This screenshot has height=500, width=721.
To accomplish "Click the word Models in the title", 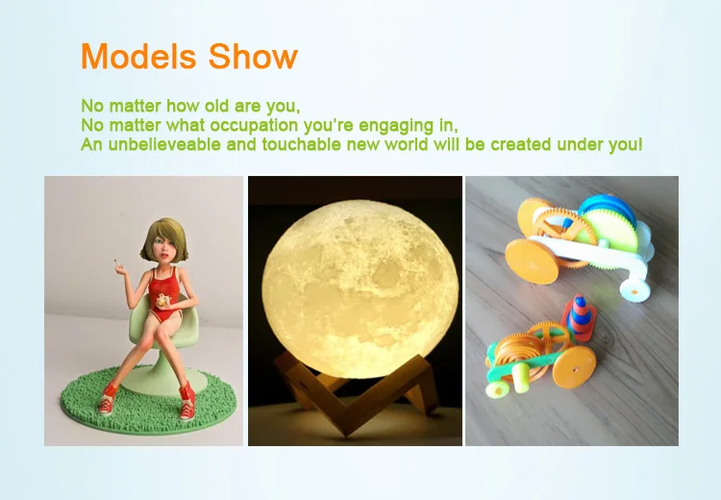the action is tap(137, 56).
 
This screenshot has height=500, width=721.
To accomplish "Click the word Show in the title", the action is tap(253, 56).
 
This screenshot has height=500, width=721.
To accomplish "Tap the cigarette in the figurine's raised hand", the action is tap(117, 263).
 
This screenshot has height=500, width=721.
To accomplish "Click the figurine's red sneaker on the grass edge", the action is tap(108, 398).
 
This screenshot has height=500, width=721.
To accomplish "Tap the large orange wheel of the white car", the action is tap(533, 261).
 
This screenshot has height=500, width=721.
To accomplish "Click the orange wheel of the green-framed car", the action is tap(574, 367).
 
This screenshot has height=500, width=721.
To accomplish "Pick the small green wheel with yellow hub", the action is tap(496, 390).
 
